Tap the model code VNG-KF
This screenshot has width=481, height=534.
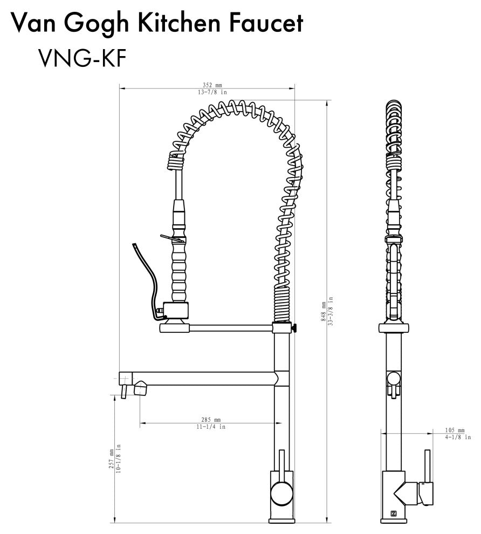pos(82,59)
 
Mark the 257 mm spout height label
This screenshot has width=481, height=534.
pos(112,458)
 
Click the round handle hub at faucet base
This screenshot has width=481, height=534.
pos(280,492)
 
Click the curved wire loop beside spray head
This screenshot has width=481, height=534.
pos(144,272)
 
